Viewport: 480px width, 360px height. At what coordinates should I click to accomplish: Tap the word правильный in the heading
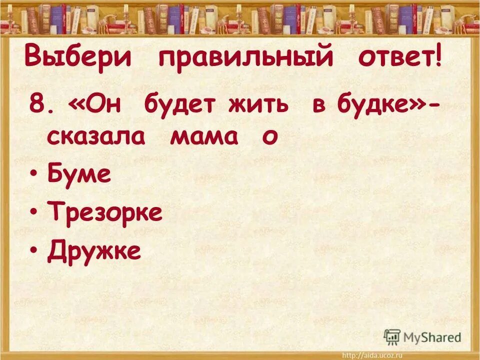point(245,58)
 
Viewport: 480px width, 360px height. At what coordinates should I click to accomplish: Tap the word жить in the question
point(259,105)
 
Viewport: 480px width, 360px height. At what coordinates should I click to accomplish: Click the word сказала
point(96,136)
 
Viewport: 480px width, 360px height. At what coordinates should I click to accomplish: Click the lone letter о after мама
point(269,137)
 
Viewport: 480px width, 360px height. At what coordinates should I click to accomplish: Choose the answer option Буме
point(79,175)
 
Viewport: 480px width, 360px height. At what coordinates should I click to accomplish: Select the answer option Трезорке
point(105,213)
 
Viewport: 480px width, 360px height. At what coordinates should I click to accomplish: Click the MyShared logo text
point(432,337)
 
